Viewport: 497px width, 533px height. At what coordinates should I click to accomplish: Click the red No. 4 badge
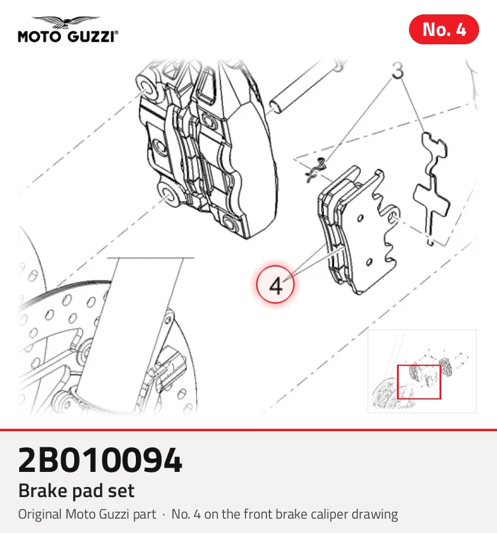[444, 29]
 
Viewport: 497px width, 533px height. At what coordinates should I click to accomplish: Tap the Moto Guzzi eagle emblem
[66, 22]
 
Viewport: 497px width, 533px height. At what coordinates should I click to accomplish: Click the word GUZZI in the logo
[92, 37]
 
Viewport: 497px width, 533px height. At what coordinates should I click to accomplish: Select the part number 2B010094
[100, 460]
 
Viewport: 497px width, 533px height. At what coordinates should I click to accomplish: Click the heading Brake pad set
[76, 490]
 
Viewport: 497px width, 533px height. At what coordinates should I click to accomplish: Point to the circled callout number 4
[275, 284]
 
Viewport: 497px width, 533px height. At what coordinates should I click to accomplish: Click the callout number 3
[398, 70]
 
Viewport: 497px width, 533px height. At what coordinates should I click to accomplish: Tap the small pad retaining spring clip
[315, 170]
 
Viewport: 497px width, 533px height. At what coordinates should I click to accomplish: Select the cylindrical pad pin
[305, 87]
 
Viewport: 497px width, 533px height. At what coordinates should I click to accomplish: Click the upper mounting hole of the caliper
[147, 87]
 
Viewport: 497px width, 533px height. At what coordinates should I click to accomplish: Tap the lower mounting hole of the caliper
[168, 194]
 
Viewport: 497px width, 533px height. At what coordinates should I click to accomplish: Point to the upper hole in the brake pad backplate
[360, 217]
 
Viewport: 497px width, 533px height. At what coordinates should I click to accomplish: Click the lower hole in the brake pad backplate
[369, 262]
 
